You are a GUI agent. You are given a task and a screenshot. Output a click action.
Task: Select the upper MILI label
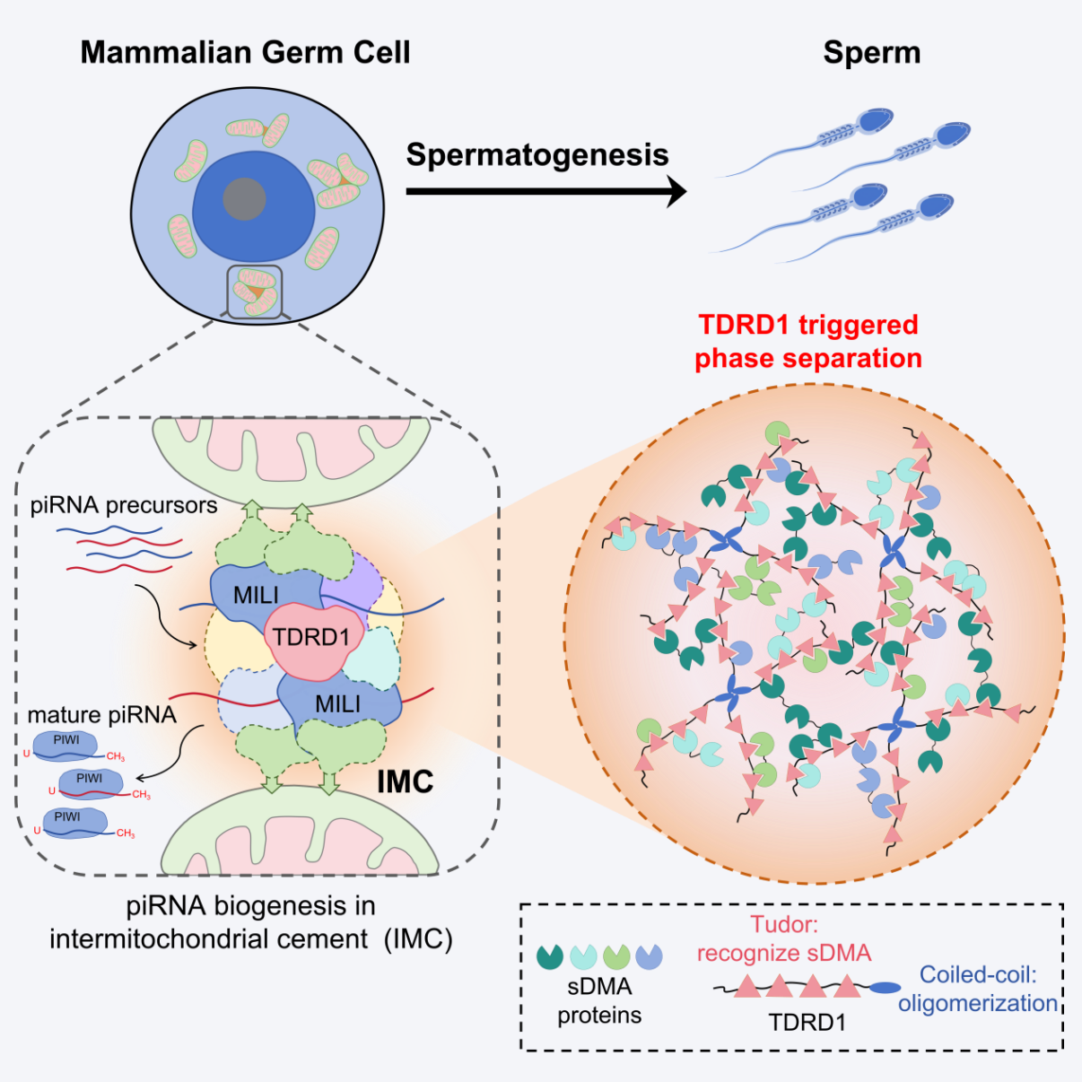tap(256, 595)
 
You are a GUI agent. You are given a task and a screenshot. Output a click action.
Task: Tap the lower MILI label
tap(337, 704)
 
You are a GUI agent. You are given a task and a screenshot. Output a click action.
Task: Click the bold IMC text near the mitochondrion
tap(405, 781)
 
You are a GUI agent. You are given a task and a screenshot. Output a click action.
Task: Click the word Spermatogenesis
tap(537, 154)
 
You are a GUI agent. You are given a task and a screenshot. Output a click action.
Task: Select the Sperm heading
tap(871, 52)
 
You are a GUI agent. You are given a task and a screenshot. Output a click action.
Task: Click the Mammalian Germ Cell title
tap(245, 52)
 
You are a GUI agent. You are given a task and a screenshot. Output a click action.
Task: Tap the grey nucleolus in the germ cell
tap(244, 199)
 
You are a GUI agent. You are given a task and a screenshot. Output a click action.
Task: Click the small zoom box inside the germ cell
tap(255, 292)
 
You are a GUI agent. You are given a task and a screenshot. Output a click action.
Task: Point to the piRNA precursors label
tap(124, 505)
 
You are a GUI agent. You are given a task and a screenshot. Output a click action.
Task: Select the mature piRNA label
tap(101, 715)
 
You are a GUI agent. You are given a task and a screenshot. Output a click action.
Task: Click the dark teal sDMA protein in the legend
tap(549, 956)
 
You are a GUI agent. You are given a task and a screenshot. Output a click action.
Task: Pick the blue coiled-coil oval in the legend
tap(885, 988)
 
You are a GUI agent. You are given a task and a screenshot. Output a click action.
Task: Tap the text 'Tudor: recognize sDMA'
tap(784, 938)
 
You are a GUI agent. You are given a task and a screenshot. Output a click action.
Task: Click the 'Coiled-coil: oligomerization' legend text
tap(978, 989)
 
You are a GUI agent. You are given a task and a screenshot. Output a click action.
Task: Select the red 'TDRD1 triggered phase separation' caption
tap(808, 341)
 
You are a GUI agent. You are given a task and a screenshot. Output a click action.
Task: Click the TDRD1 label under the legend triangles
tap(807, 1023)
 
